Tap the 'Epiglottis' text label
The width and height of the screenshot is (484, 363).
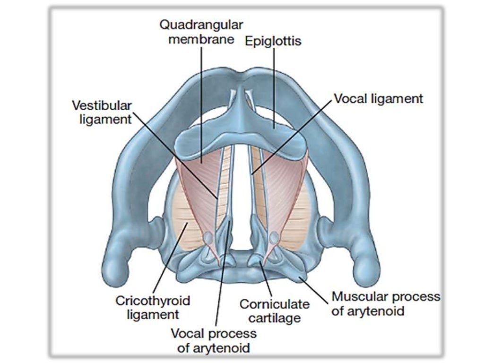273,41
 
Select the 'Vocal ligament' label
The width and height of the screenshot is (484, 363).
378,99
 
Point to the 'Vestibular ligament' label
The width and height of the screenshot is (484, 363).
102,112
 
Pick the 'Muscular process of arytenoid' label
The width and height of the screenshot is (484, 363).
385,304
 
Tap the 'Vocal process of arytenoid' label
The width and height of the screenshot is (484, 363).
213,341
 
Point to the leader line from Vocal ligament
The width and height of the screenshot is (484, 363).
293,137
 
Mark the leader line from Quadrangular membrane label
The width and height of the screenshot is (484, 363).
202,104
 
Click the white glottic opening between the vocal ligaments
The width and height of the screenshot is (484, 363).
242,189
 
